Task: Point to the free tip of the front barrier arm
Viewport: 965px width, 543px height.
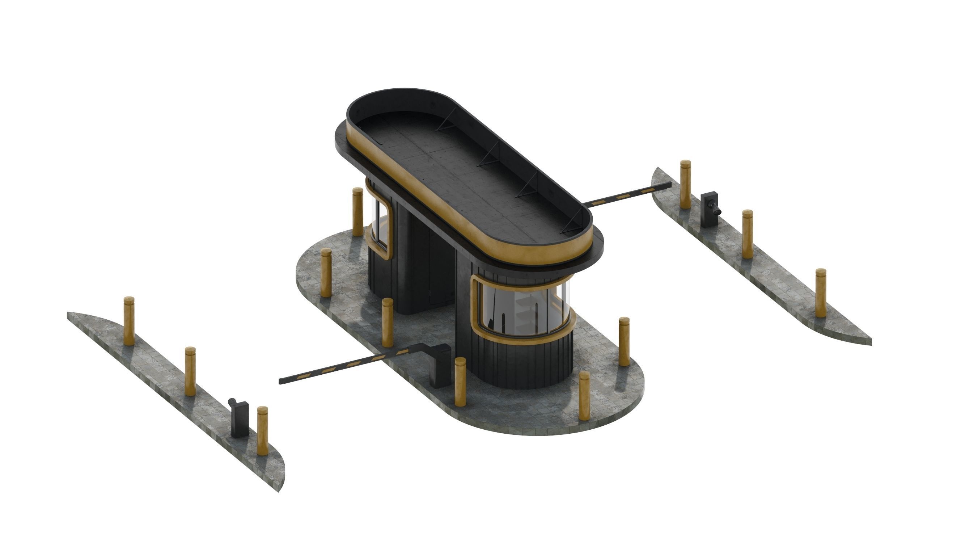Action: point(282,381)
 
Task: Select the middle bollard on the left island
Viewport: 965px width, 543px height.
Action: point(190,371)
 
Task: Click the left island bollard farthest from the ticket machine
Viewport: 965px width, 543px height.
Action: point(129,321)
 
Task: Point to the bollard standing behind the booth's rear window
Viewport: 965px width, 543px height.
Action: point(358,212)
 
